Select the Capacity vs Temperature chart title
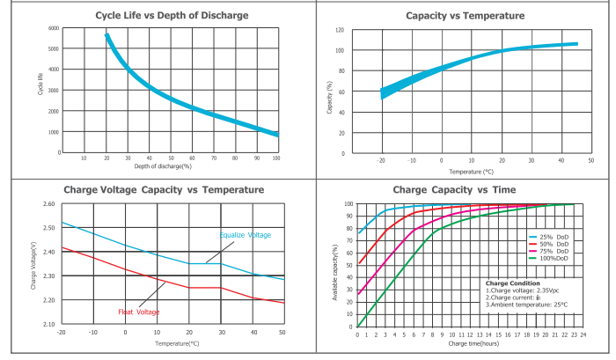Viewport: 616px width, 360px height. pyautogui.click(x=465, y=15)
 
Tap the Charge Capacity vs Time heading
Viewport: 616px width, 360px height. pyautogui.click(x=465, y=189)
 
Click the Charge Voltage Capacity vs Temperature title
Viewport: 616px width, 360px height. pyautogui.click(x=164, y=189)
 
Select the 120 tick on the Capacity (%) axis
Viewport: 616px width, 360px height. pyautogui.click(x=339, y=30)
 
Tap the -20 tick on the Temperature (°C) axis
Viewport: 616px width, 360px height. pyautogui.click(x=381, y=160)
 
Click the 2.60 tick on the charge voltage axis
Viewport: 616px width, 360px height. pyautogui.click(x=48, y=204)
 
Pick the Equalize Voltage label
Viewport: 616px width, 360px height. pyautogui.click(x=246, y=235)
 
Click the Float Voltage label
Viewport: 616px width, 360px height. pyautogui.click(x=138, y=312)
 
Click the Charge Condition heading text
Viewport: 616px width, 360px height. pyautogui.click(x=512, y=283)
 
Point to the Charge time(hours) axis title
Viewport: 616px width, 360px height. pyautogui.click(x=473, y=345)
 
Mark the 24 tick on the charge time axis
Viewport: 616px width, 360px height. pyautogui.click(x=584, y=335)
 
